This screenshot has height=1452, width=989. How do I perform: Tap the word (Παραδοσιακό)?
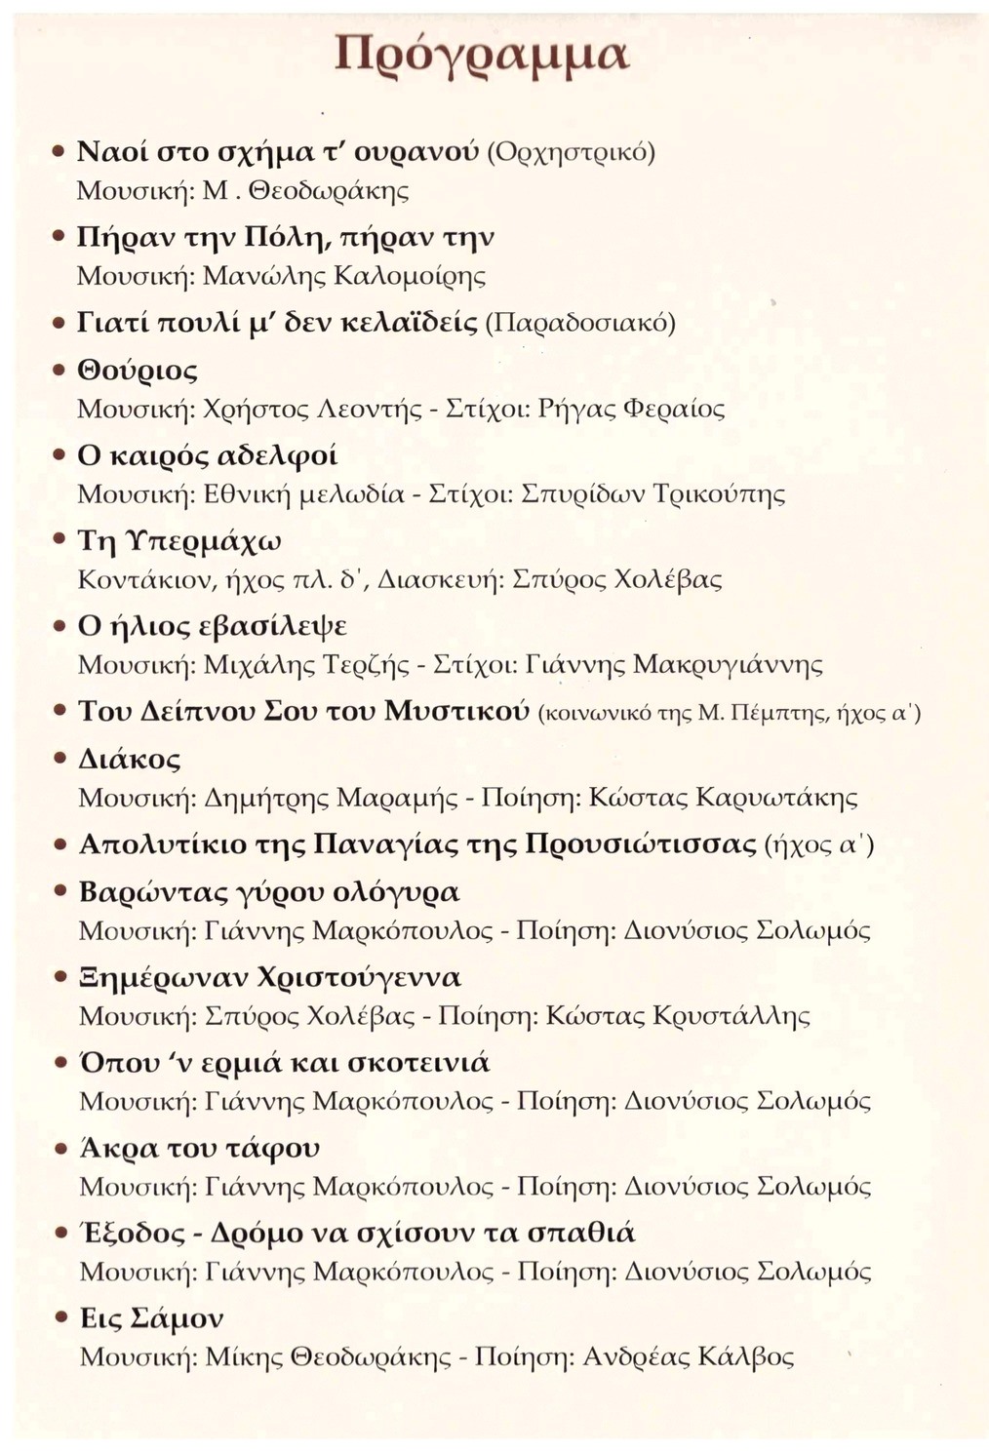click(x=580, y=323)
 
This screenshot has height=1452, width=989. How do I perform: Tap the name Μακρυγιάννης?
click(x=728, y=665)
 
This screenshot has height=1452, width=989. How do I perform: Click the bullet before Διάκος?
click(x=59, y=759)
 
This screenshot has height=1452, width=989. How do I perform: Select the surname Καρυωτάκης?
click(x=776, y=798)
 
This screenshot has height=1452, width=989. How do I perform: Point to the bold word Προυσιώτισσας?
click(x=641, y=843)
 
